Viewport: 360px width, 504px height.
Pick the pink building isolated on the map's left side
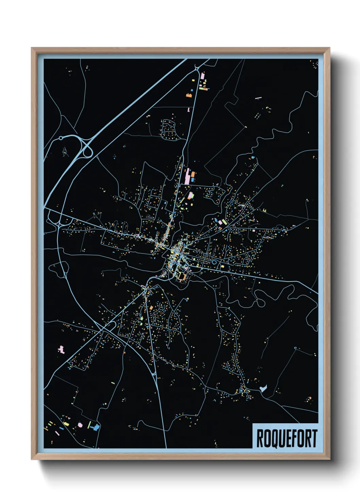(61, 349)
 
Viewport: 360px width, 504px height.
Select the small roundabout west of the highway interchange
(61, 138)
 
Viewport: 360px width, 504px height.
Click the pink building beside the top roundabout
(202, 76)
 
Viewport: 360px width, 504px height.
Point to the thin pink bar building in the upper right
(258, 98)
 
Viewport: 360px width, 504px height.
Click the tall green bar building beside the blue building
(89, 425)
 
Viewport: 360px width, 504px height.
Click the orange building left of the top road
(188, 95)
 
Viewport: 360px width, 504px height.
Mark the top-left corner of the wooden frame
(32, 48)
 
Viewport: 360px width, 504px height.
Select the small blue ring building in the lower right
(295, 348)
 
